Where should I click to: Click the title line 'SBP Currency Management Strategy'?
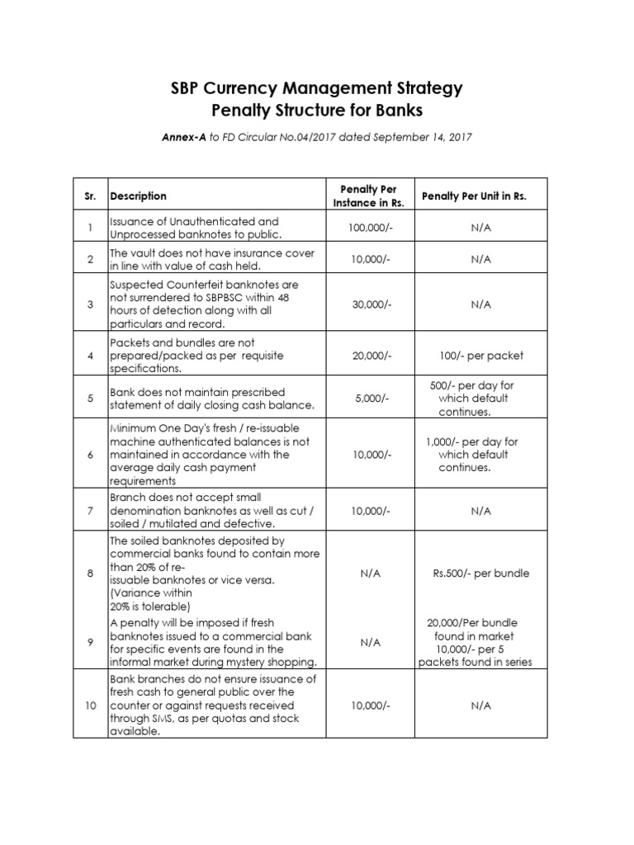pos(316,87)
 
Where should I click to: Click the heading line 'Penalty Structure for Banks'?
pos(316,111)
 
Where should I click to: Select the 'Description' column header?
pos(138,196)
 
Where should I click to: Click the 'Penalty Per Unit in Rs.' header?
pos(474,196)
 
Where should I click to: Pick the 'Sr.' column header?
pos(92,196)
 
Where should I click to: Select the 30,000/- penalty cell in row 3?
pos(364,304)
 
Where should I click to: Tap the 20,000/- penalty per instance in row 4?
pos(364,356)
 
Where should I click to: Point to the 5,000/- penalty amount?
pos(364,399)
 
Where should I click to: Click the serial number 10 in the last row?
pos(92,706)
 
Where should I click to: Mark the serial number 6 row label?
pos(92,455)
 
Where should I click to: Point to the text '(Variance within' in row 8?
pos(150,592)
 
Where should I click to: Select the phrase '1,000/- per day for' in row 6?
pos(471,441)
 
